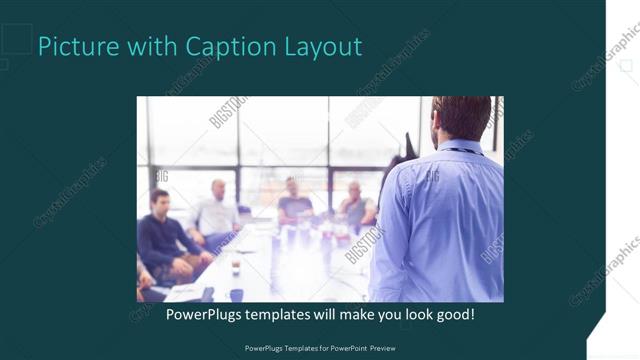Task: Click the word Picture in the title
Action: point(74,47)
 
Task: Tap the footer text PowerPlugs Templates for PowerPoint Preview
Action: point(320,349)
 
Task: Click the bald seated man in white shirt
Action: point(216,212)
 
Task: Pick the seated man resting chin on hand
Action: point(355,205)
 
